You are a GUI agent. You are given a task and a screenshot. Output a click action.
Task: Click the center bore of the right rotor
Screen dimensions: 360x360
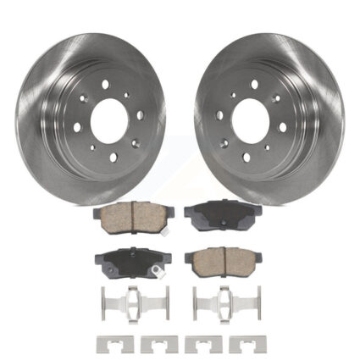click(251, 116)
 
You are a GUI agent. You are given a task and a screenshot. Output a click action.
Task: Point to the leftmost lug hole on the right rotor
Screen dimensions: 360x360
click(219, 114)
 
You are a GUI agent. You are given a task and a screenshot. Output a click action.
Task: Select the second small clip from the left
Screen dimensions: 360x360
click(157, 344)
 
